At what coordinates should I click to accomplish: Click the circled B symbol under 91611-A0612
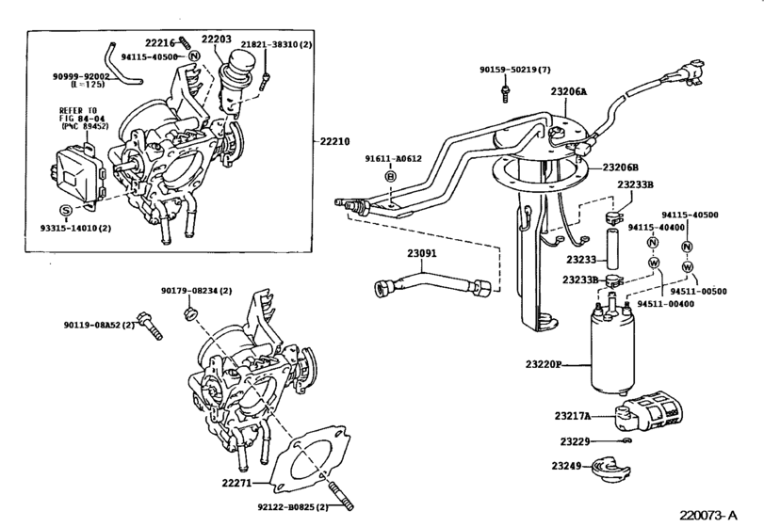390,176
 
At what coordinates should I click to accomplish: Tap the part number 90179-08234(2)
200,290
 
